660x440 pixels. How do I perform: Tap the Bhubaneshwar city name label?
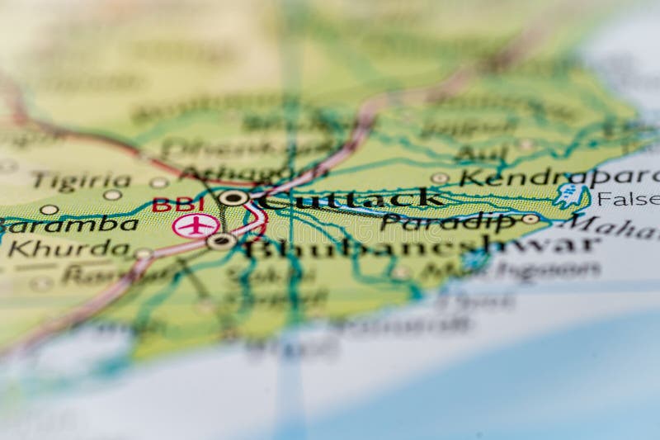tap(421, 246)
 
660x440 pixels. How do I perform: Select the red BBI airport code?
tap(177, 204)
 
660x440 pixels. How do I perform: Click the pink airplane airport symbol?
tap(196, 225)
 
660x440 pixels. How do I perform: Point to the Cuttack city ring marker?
tap(233, 197)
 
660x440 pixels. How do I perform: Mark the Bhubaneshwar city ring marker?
tap(221, 241)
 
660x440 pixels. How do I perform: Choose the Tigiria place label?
tap(81, 181)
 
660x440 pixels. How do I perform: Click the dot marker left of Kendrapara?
tap(440, 177)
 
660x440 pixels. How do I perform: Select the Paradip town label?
tap(449, 221)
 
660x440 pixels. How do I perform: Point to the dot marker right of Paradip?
tap(530, 219)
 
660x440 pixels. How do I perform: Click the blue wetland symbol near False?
tap(569, 195)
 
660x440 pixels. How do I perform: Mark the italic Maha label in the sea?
tap(615, 223)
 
